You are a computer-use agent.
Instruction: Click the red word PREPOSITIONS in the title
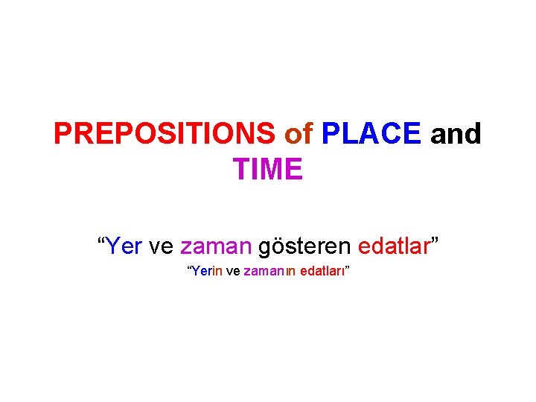pyautogui.click(x=164, y=135)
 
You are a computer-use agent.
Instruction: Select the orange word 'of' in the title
pyautogui.click(x=299, y=135)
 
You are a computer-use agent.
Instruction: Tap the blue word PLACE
pyautogui.click(x=371, y=135)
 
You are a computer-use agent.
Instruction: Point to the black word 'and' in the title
pyautogui.click(x=456, y=135)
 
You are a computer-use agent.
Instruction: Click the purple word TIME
pyautogui.click(x=267, y=170)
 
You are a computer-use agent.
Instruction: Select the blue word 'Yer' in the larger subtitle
pyautogui.click(x=124, y=246)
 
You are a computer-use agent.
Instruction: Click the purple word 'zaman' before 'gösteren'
pyautogui.click(x=215, y=246)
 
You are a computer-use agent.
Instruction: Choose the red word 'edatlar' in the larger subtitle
pyautogui.click(x=394, y=246)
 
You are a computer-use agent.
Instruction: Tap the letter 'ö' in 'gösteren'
pyautogui.click(x=275, y=246)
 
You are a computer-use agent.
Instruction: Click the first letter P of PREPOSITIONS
pyautogui.click(x=63, y=135)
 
